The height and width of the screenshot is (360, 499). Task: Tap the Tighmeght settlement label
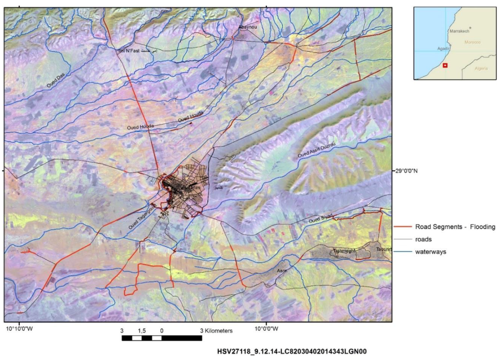(345, 251)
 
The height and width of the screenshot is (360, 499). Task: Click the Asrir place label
(282, 270)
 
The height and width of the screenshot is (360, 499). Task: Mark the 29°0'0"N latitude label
(413, 171)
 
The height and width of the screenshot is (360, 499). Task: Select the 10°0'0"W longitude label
(266, 330)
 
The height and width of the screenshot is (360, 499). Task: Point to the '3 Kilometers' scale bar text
(216, 331)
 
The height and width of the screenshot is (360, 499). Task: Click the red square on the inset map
(443, 65)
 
